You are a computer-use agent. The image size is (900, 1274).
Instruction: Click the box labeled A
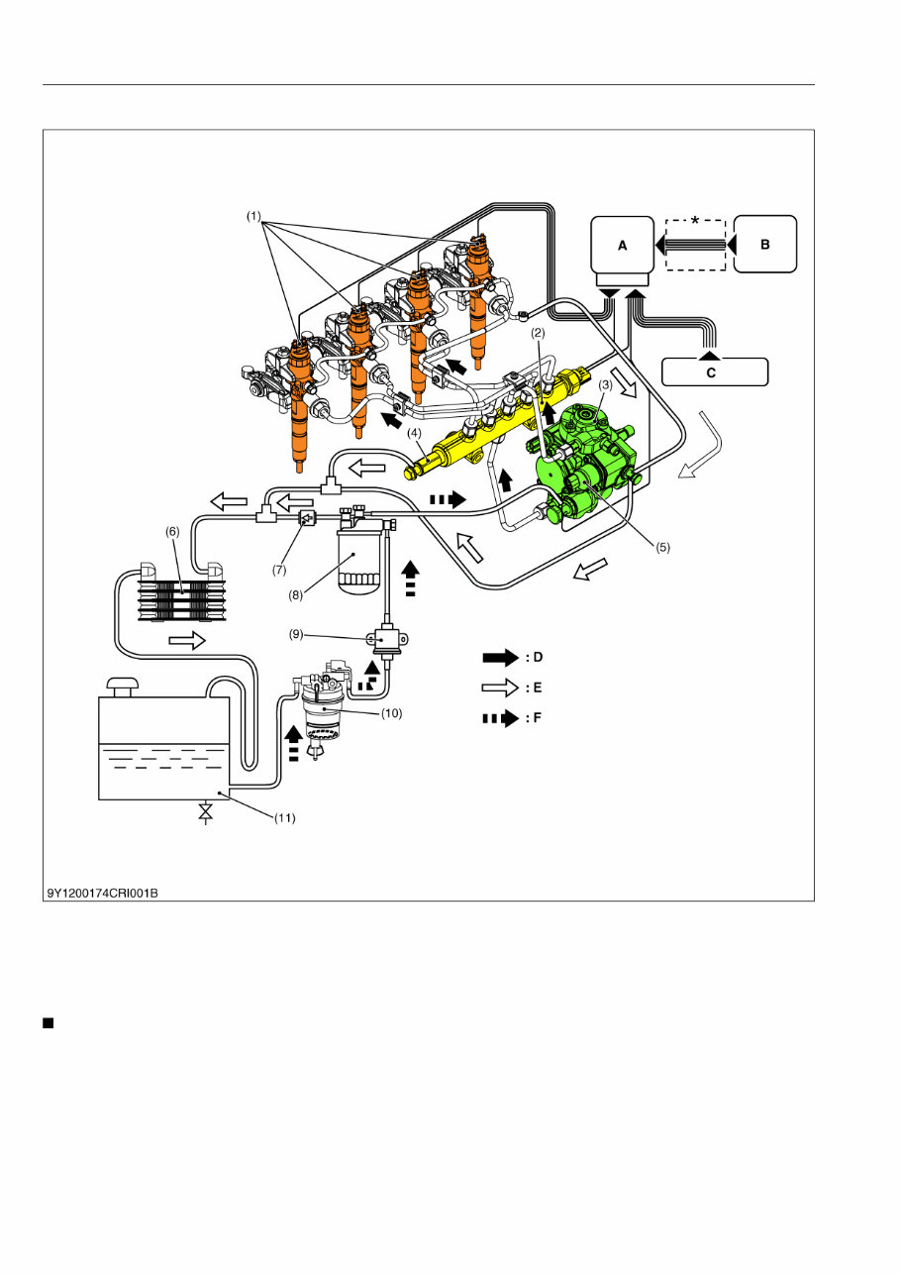coord(623,245)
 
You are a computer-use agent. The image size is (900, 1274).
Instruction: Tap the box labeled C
coord(714,372)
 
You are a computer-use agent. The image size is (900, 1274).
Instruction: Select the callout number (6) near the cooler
coord(171,531)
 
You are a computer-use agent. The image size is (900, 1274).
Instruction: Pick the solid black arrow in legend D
coord(501,657)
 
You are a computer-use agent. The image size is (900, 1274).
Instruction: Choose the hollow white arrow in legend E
coord(501,686)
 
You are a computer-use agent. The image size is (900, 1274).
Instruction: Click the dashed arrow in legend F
coord(501,718)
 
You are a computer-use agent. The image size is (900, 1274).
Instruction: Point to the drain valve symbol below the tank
coord(205,812)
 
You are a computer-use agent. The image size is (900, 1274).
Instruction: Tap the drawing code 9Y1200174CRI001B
coord(102,893)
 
